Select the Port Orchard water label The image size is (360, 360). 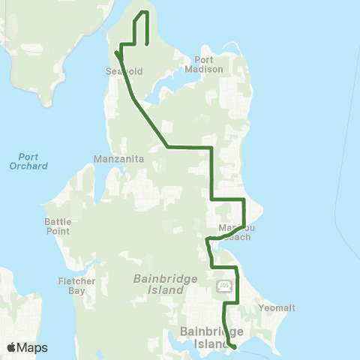click(29, 161)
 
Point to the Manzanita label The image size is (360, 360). click(114, 159)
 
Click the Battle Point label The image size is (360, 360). click(57, 226)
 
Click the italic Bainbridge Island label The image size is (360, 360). click(158, 283)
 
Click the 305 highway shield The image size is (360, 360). click(223, 286)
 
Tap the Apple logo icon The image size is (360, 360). click(12, 347)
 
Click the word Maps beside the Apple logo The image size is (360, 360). click(33, 347)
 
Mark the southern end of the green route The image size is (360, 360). click(235, 346)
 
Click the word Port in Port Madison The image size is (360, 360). click(204, 59)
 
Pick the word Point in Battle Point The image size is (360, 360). click(57, 231)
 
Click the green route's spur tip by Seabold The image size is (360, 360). click(117, 53)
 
